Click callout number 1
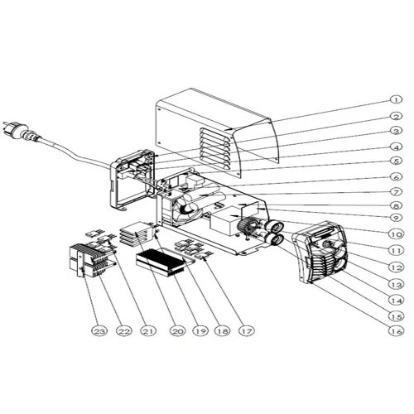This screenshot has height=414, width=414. point(396,99)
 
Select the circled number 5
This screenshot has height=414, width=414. point(397,161)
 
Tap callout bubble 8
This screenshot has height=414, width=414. point(397,205)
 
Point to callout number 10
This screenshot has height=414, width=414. point(397,234)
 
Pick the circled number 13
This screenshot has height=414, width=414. point(397,284)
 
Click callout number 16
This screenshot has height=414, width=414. point(397,330)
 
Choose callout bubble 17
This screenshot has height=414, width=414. point(247,330)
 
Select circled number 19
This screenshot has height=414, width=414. point(200,330)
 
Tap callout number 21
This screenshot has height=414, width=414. point(148,330)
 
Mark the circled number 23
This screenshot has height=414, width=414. point(99,330)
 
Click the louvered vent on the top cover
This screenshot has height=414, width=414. point(216,148)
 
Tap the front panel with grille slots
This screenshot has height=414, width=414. point(321,252)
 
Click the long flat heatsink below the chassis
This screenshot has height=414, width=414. point(161,262)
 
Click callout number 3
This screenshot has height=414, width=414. point(397,131)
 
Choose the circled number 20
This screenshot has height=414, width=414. point(177,330)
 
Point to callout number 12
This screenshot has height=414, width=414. point(397,267)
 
